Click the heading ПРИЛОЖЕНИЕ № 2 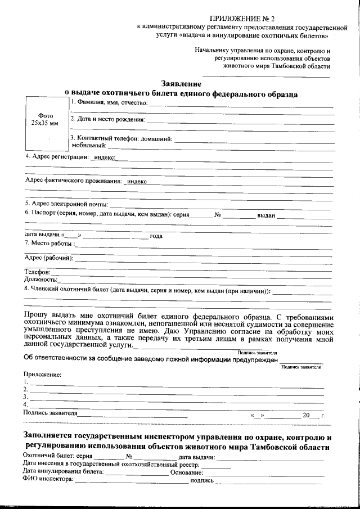tap(242, 19)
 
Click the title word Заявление tap(181, 84)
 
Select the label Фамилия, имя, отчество tap(110, 103)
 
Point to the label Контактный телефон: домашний tap(121, 138)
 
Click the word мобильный tap(85, 145)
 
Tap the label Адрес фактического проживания tap(73, 181)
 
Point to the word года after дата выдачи tap(156, 236)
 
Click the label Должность tap(40, 279)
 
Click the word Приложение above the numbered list tap(42, 374)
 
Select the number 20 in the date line tap(306, 415)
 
